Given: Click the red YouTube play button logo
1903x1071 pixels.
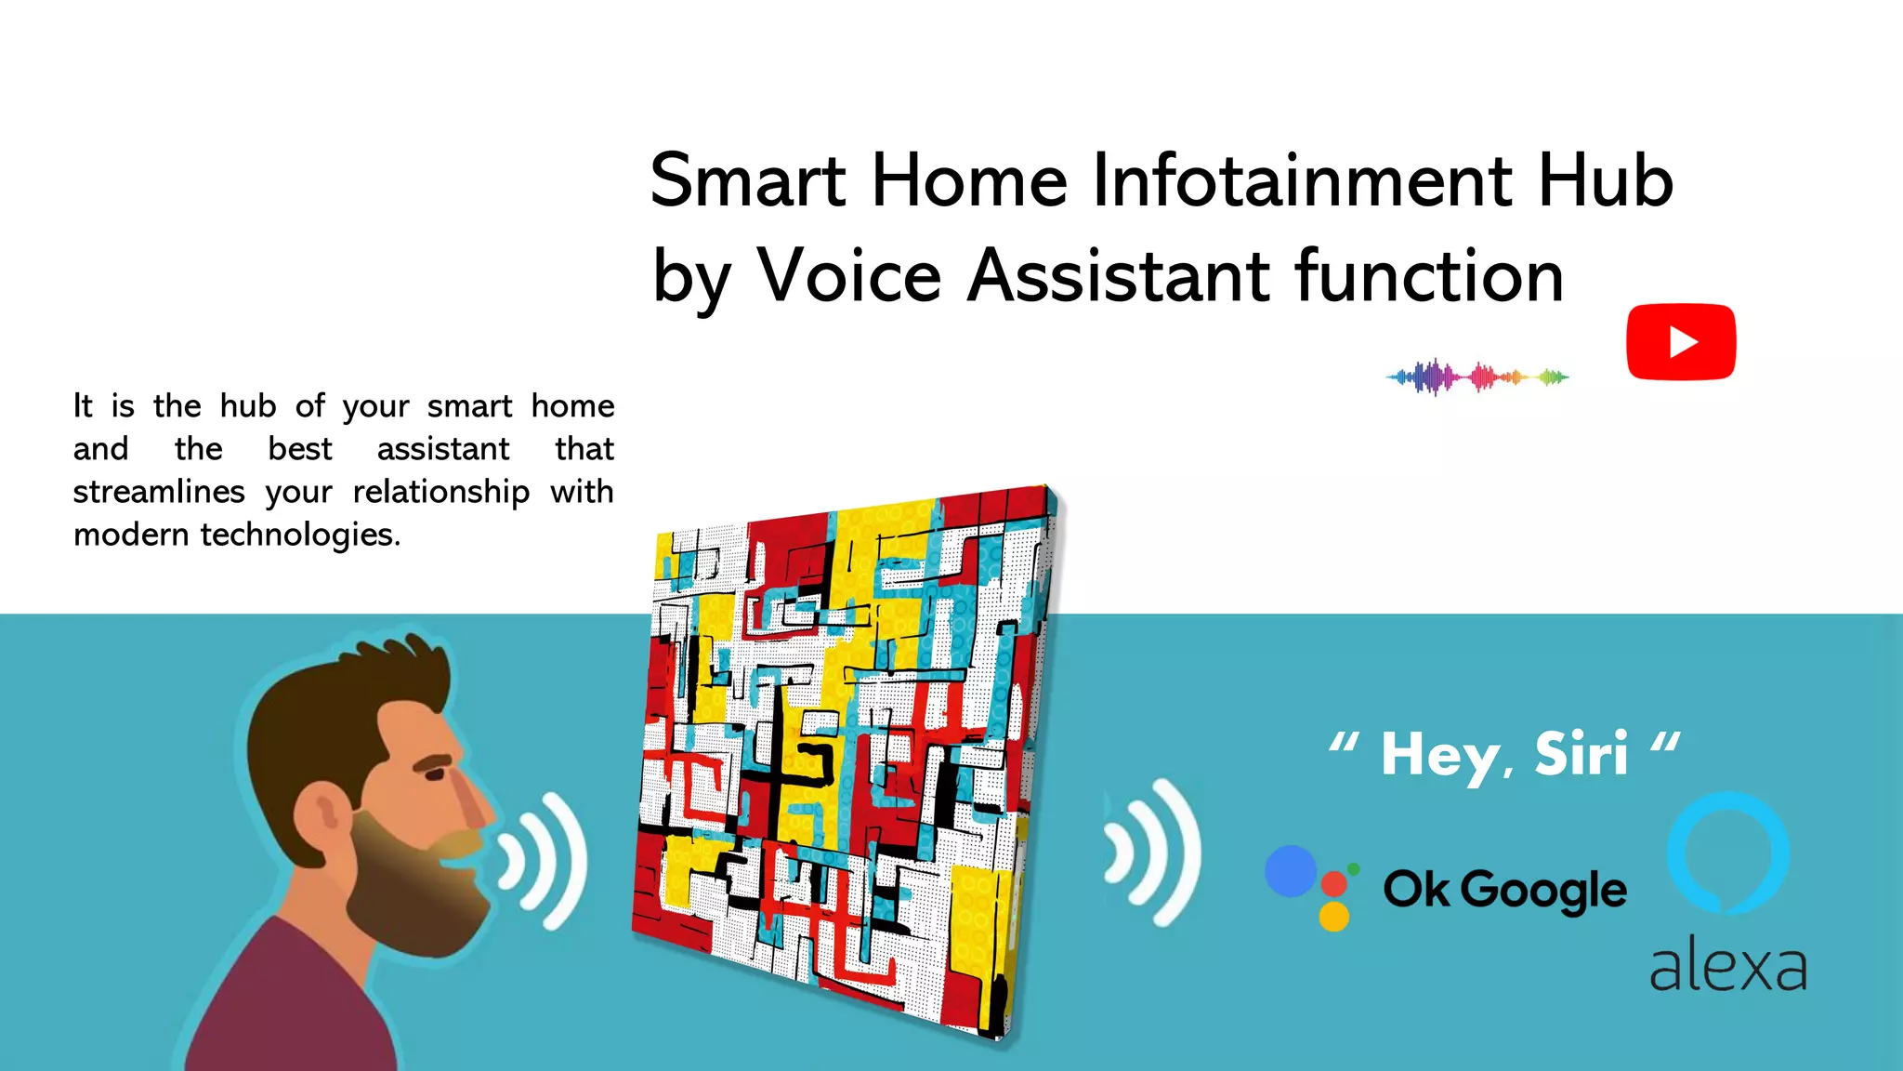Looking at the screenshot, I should point(1680,341).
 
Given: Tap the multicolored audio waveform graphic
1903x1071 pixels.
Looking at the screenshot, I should point(1476,377).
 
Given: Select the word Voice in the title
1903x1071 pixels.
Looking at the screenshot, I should point(849,276).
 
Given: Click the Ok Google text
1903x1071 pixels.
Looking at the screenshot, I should point(1504,890).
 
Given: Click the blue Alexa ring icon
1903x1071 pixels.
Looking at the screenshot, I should point(1727,852).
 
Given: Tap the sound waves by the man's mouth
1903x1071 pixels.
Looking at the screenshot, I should point(544,860).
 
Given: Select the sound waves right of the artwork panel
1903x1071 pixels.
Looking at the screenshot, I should point(1152,852).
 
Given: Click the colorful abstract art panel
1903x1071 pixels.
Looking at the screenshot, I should point(846,753).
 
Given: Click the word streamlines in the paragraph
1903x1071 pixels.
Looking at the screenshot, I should point(159,492).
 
